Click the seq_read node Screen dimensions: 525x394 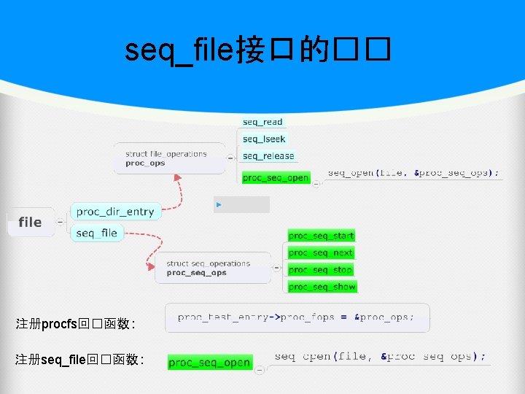click(x=262, y=122)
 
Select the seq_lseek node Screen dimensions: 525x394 click(x=264, y=139)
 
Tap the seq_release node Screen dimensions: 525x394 click(x=268, y=155)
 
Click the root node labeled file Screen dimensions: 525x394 click(x=30, y=222)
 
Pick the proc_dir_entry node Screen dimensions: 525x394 click(x=115, y=212)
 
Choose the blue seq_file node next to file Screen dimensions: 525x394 click(x=96, y=233)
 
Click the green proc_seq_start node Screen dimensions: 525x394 click(x=321, y=236)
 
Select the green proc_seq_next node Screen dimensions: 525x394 click(x=321, y=252)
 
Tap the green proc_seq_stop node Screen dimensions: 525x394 click(x=321, y=270)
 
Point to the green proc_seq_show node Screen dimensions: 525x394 click(x=322, y=287)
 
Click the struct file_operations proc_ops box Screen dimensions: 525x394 click(x=168, y=158)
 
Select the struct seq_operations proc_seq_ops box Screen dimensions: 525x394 click(x=209, y=268)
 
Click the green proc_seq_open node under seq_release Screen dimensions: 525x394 click(x=276, y=177)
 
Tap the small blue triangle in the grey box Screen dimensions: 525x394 click(x=219, y=205)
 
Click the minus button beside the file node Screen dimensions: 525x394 click(x=60, y=222)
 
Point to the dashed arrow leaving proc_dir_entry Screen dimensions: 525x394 click(x=177, y=188)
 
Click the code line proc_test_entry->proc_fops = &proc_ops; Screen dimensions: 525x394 click(x=295, y=317)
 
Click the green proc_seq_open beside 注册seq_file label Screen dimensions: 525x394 click(x=209, y=363)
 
